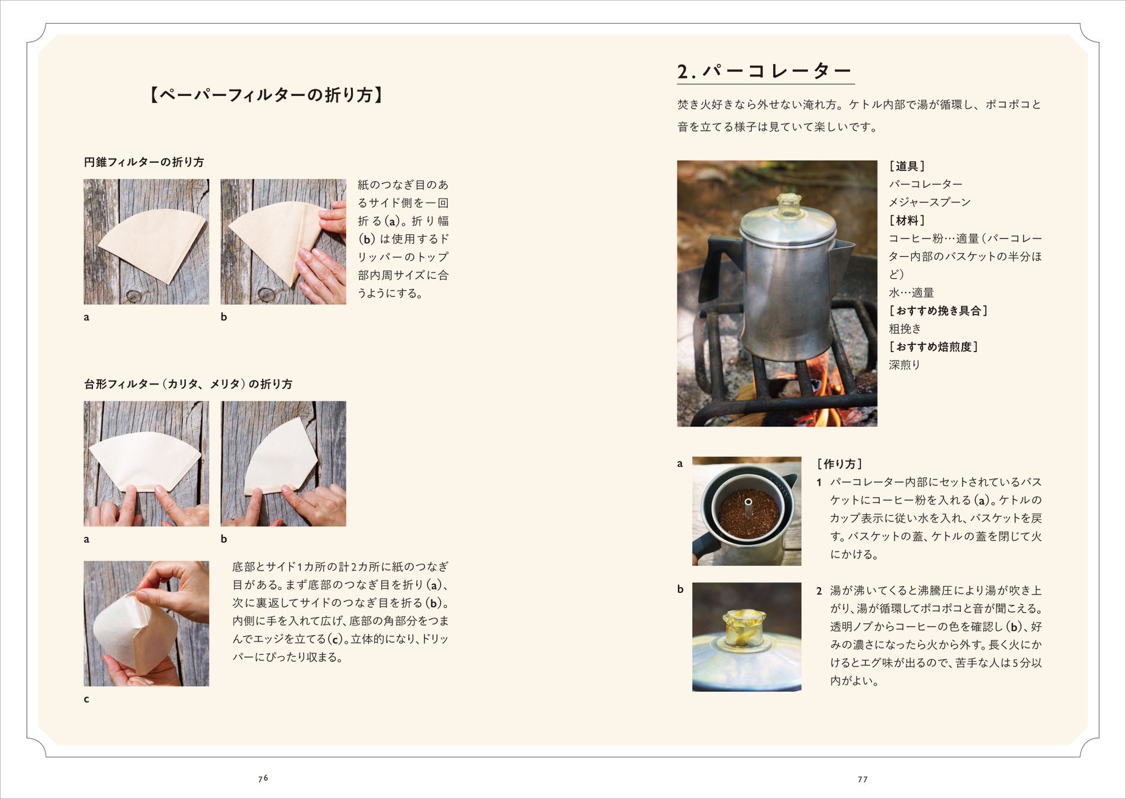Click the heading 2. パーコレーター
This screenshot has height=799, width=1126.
point(765,71)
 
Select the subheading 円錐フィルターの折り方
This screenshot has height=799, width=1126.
point(144,162)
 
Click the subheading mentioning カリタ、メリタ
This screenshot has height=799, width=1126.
point(188,384)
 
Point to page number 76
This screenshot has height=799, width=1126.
point(263,778)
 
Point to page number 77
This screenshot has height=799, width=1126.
point(863,779)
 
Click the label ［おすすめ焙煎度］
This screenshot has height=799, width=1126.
point(934,347)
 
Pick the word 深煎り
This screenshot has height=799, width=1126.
point(905,365)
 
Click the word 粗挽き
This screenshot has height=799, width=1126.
point(905,329)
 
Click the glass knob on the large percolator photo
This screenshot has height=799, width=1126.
point(789,205)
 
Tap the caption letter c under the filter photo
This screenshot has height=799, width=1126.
point(86,699)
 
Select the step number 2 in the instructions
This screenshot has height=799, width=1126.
point(819,591)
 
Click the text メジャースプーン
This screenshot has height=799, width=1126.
point(929,202)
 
